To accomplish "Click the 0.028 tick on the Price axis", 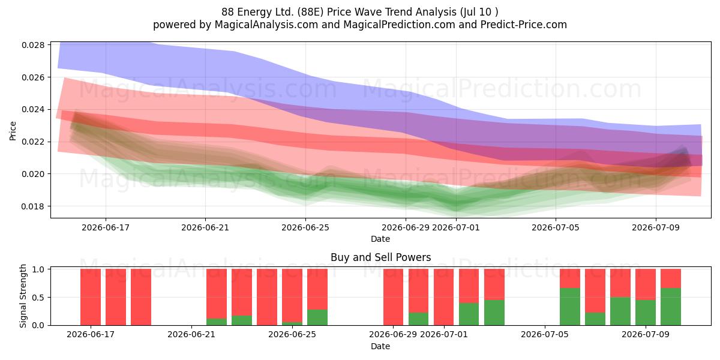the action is tap(33, 45).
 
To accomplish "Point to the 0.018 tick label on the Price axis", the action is tap(33, 206).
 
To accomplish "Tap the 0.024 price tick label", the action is tap(33, 110).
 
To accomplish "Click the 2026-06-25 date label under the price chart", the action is tap(305, 227).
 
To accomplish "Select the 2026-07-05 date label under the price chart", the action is tap(556, 227).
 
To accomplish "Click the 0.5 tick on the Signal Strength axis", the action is tap(38, 298).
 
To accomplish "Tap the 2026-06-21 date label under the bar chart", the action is tap(191, 334).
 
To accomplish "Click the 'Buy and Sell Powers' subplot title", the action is tap(380, 257).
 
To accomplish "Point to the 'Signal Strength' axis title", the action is tap(23, 296).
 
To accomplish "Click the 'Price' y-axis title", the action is tap(13, 131).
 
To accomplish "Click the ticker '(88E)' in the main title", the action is tap(311, 12).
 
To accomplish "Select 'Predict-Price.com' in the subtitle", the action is tap(524, 25).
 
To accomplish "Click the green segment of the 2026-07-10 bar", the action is tap(671, 307).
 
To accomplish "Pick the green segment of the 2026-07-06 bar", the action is tap(570, 307).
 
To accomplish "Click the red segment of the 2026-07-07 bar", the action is tap(595, 291).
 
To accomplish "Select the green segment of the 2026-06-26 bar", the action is tap(317, 317).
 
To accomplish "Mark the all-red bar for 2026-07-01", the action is tap(443, 297).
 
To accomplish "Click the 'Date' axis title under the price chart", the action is tap(380, 239).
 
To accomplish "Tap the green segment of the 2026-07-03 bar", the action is tap(494, 313).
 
